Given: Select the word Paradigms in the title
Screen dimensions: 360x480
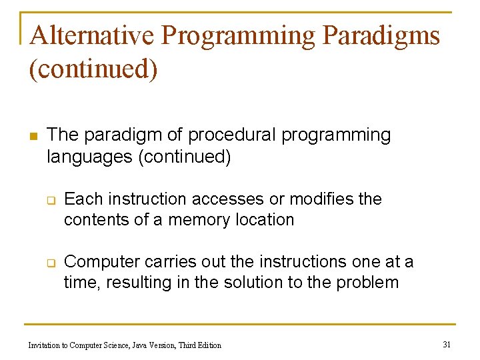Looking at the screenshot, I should (x=381, y=36).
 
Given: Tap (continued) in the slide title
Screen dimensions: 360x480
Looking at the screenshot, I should (x=93, y=69).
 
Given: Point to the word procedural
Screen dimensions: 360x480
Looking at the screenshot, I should (x=232, y=135).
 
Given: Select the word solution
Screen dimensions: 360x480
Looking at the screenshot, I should (x=257, y=283).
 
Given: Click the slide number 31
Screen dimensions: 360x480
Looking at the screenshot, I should (x=447, y=344).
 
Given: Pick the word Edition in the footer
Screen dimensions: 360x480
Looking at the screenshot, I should (x=207, y=345).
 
